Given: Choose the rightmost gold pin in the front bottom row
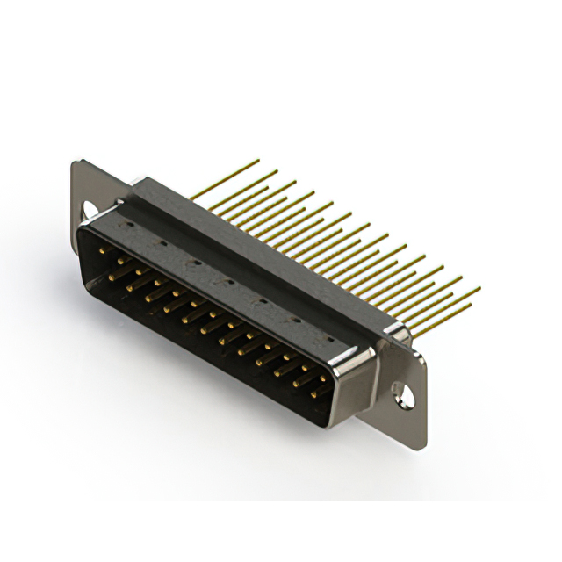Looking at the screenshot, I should tap(312, 393).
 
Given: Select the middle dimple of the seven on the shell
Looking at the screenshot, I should tap(227, 282).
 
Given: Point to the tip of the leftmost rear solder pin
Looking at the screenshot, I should tap(258, 161).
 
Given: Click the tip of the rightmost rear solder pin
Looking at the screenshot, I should tap(479, 287).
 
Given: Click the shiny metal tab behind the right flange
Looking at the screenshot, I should tap(398, 332).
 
